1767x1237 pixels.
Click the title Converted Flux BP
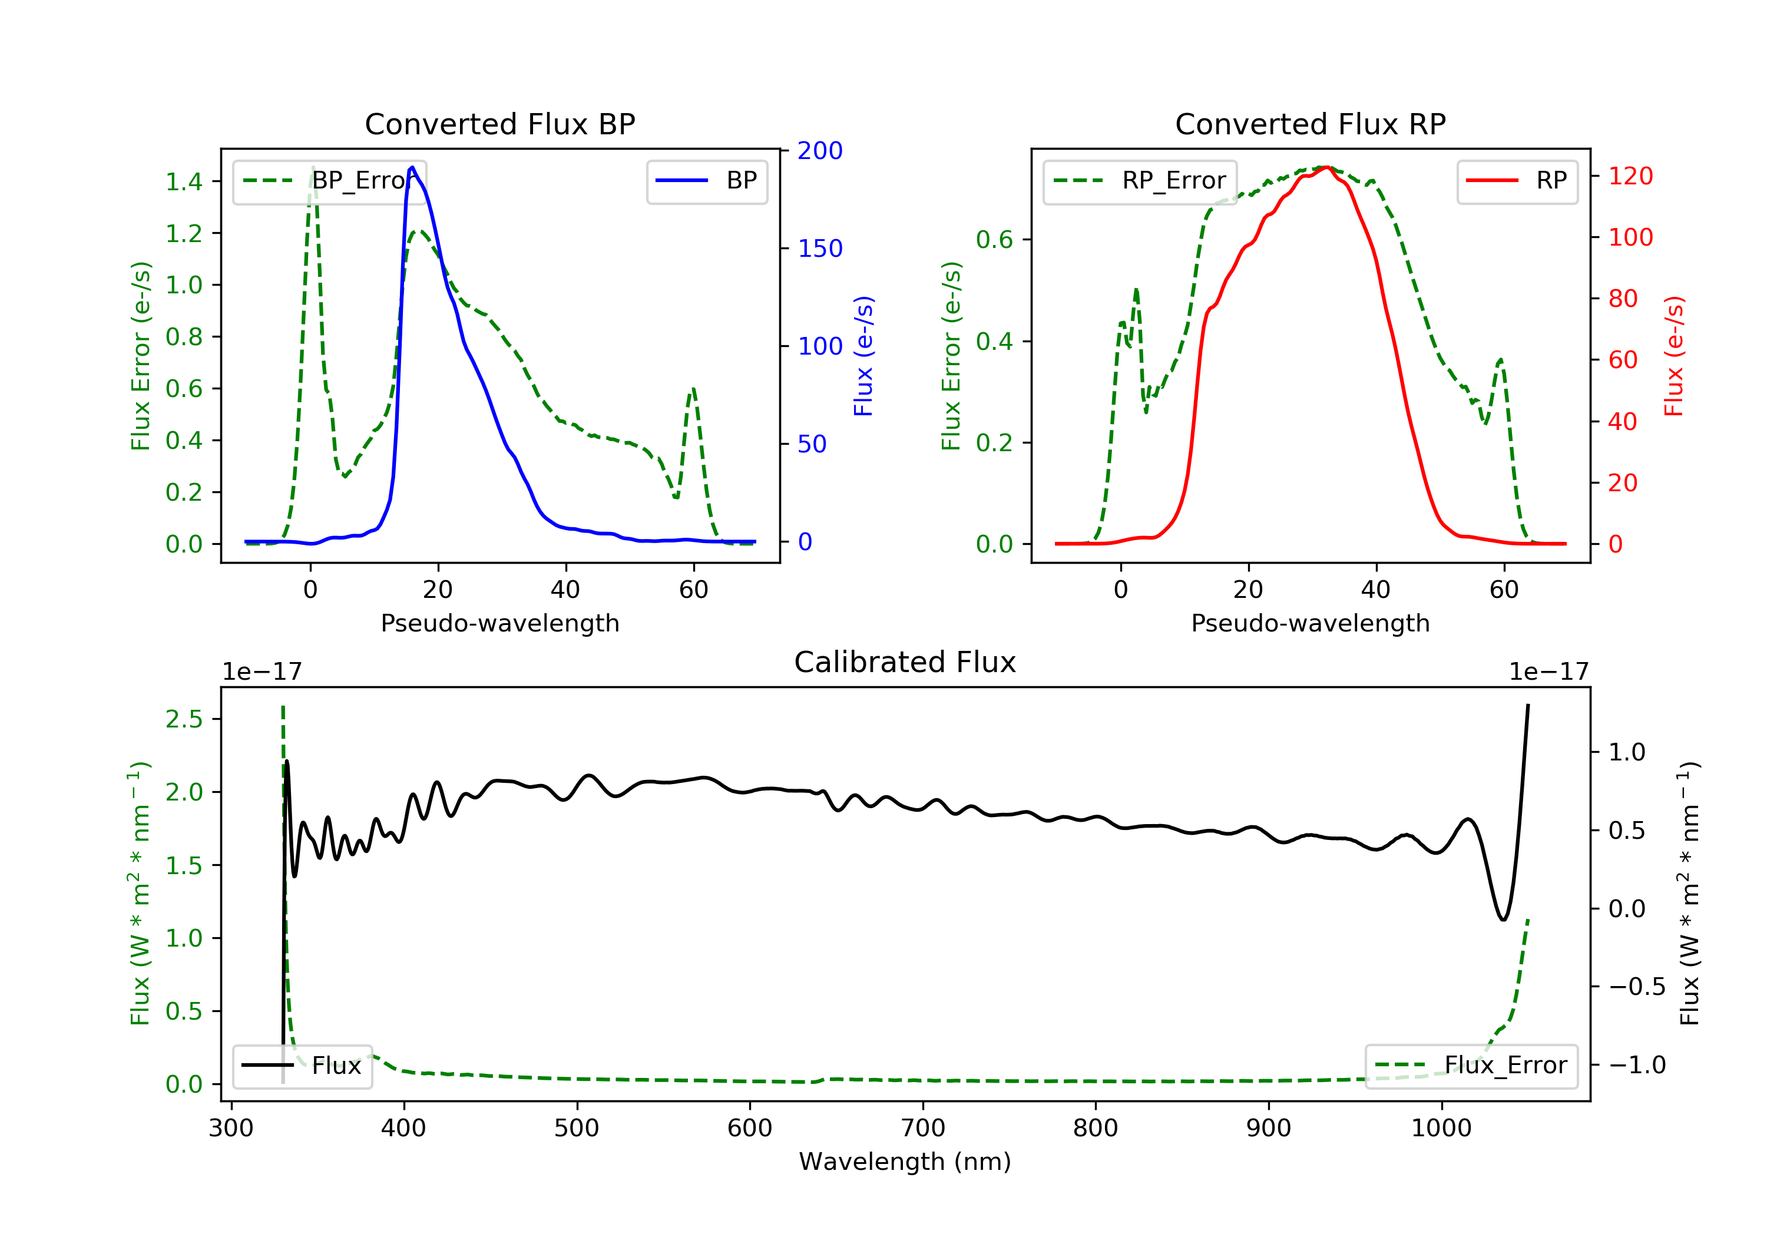tap(499, 124)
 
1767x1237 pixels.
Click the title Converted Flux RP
tap(1310, 124)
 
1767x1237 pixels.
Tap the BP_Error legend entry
tap(329, 181)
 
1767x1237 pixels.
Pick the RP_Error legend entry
tap(1140, 181)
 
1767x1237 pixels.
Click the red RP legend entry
tap(1517, 181)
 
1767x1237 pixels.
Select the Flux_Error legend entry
tap(1471, 1066)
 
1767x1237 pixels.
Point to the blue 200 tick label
tap(820, 151)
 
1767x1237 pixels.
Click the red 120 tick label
tap(1630, 176)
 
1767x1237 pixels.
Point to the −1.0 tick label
tap(1636, 1066)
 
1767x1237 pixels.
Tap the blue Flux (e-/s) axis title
tap(863, 356)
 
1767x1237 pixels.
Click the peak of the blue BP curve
tap(412, 167)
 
